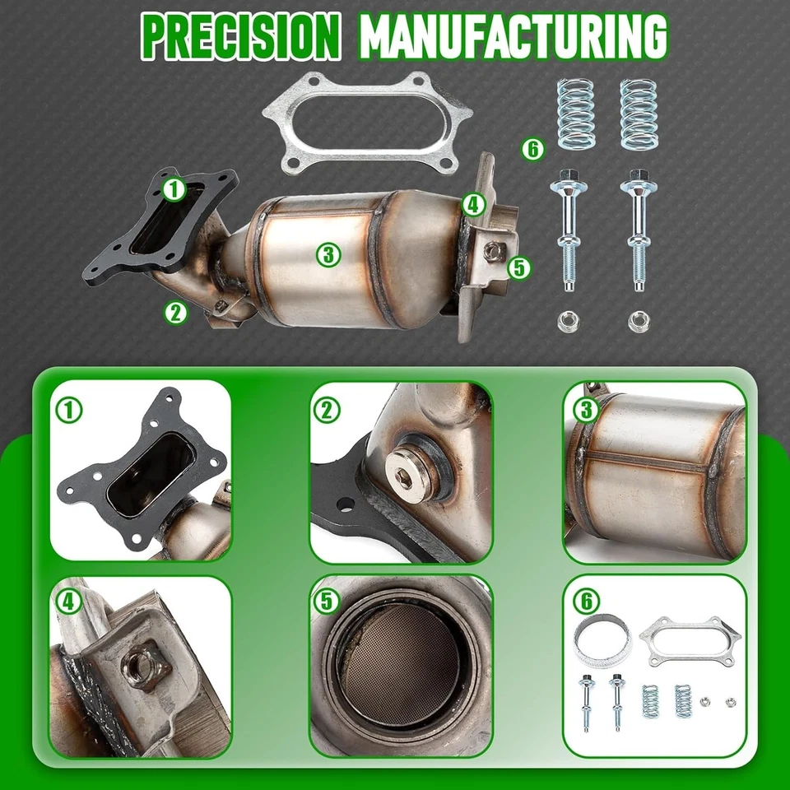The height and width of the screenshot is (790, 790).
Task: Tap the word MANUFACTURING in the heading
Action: click(513, 35)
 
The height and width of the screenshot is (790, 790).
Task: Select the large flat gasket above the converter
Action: click(367, 124)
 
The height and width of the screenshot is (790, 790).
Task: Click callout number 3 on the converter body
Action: click(328, 255)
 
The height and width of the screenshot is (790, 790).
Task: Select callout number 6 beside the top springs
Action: click(533, 149)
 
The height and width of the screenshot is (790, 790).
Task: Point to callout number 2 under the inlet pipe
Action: click(174, 311)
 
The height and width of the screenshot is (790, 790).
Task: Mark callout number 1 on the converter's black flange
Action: click(174, 189)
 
